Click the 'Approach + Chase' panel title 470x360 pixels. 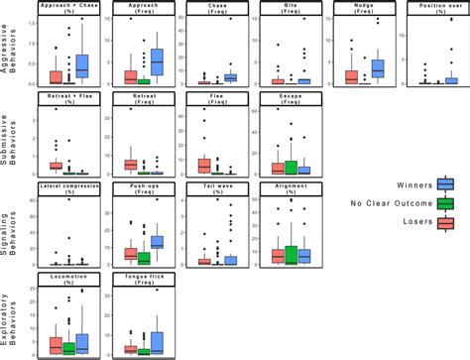pos(68,6)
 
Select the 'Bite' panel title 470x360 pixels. pos(288,6)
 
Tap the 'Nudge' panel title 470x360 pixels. pos(364,6)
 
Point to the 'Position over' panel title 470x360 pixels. pos(437,6)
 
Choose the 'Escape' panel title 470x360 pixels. pos(288,96)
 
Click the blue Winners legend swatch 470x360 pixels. pos(445,182)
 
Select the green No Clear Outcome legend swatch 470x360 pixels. pos(445,203)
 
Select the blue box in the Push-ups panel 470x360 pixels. pos(157,242)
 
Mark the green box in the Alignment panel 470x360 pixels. pos(291,254)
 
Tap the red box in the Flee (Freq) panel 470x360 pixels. pos(203,165)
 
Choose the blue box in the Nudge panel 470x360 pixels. pos(378,68)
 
